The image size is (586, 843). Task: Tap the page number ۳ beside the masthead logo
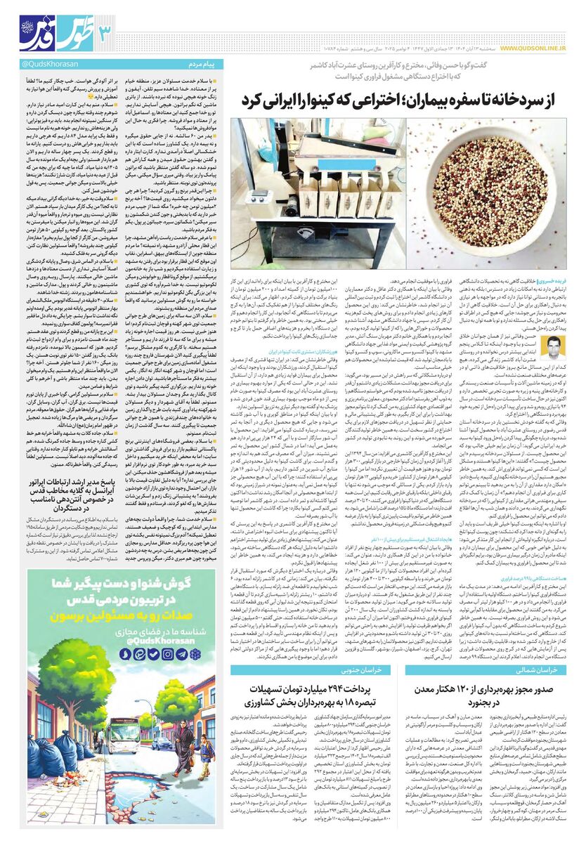pyautogui.click(x=106, y=31)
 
